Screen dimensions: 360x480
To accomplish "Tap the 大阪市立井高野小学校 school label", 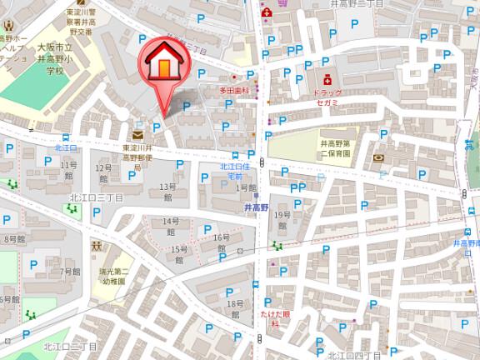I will tap(54, 60).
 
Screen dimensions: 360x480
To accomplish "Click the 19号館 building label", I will tap(282, 220).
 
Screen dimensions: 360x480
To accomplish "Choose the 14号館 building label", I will tap(171, 226).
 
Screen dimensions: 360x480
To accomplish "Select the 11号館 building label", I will tap(69, 171).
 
